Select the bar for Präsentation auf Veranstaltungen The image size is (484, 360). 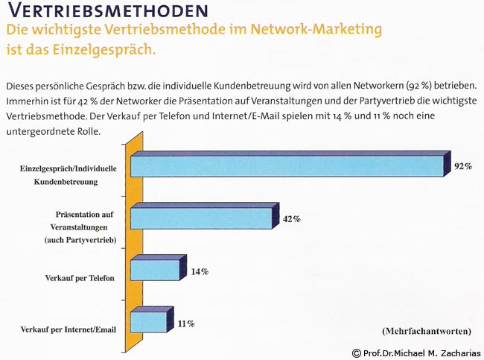click(x=200, y=218)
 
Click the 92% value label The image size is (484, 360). click(x=463, y=166)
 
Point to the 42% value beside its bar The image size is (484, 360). click(x=291, y=219)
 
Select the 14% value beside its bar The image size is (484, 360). click(x=199, y=272)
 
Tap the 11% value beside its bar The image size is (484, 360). click(x=186, y=323)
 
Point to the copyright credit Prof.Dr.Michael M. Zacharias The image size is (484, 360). click(x=416, y=353)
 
